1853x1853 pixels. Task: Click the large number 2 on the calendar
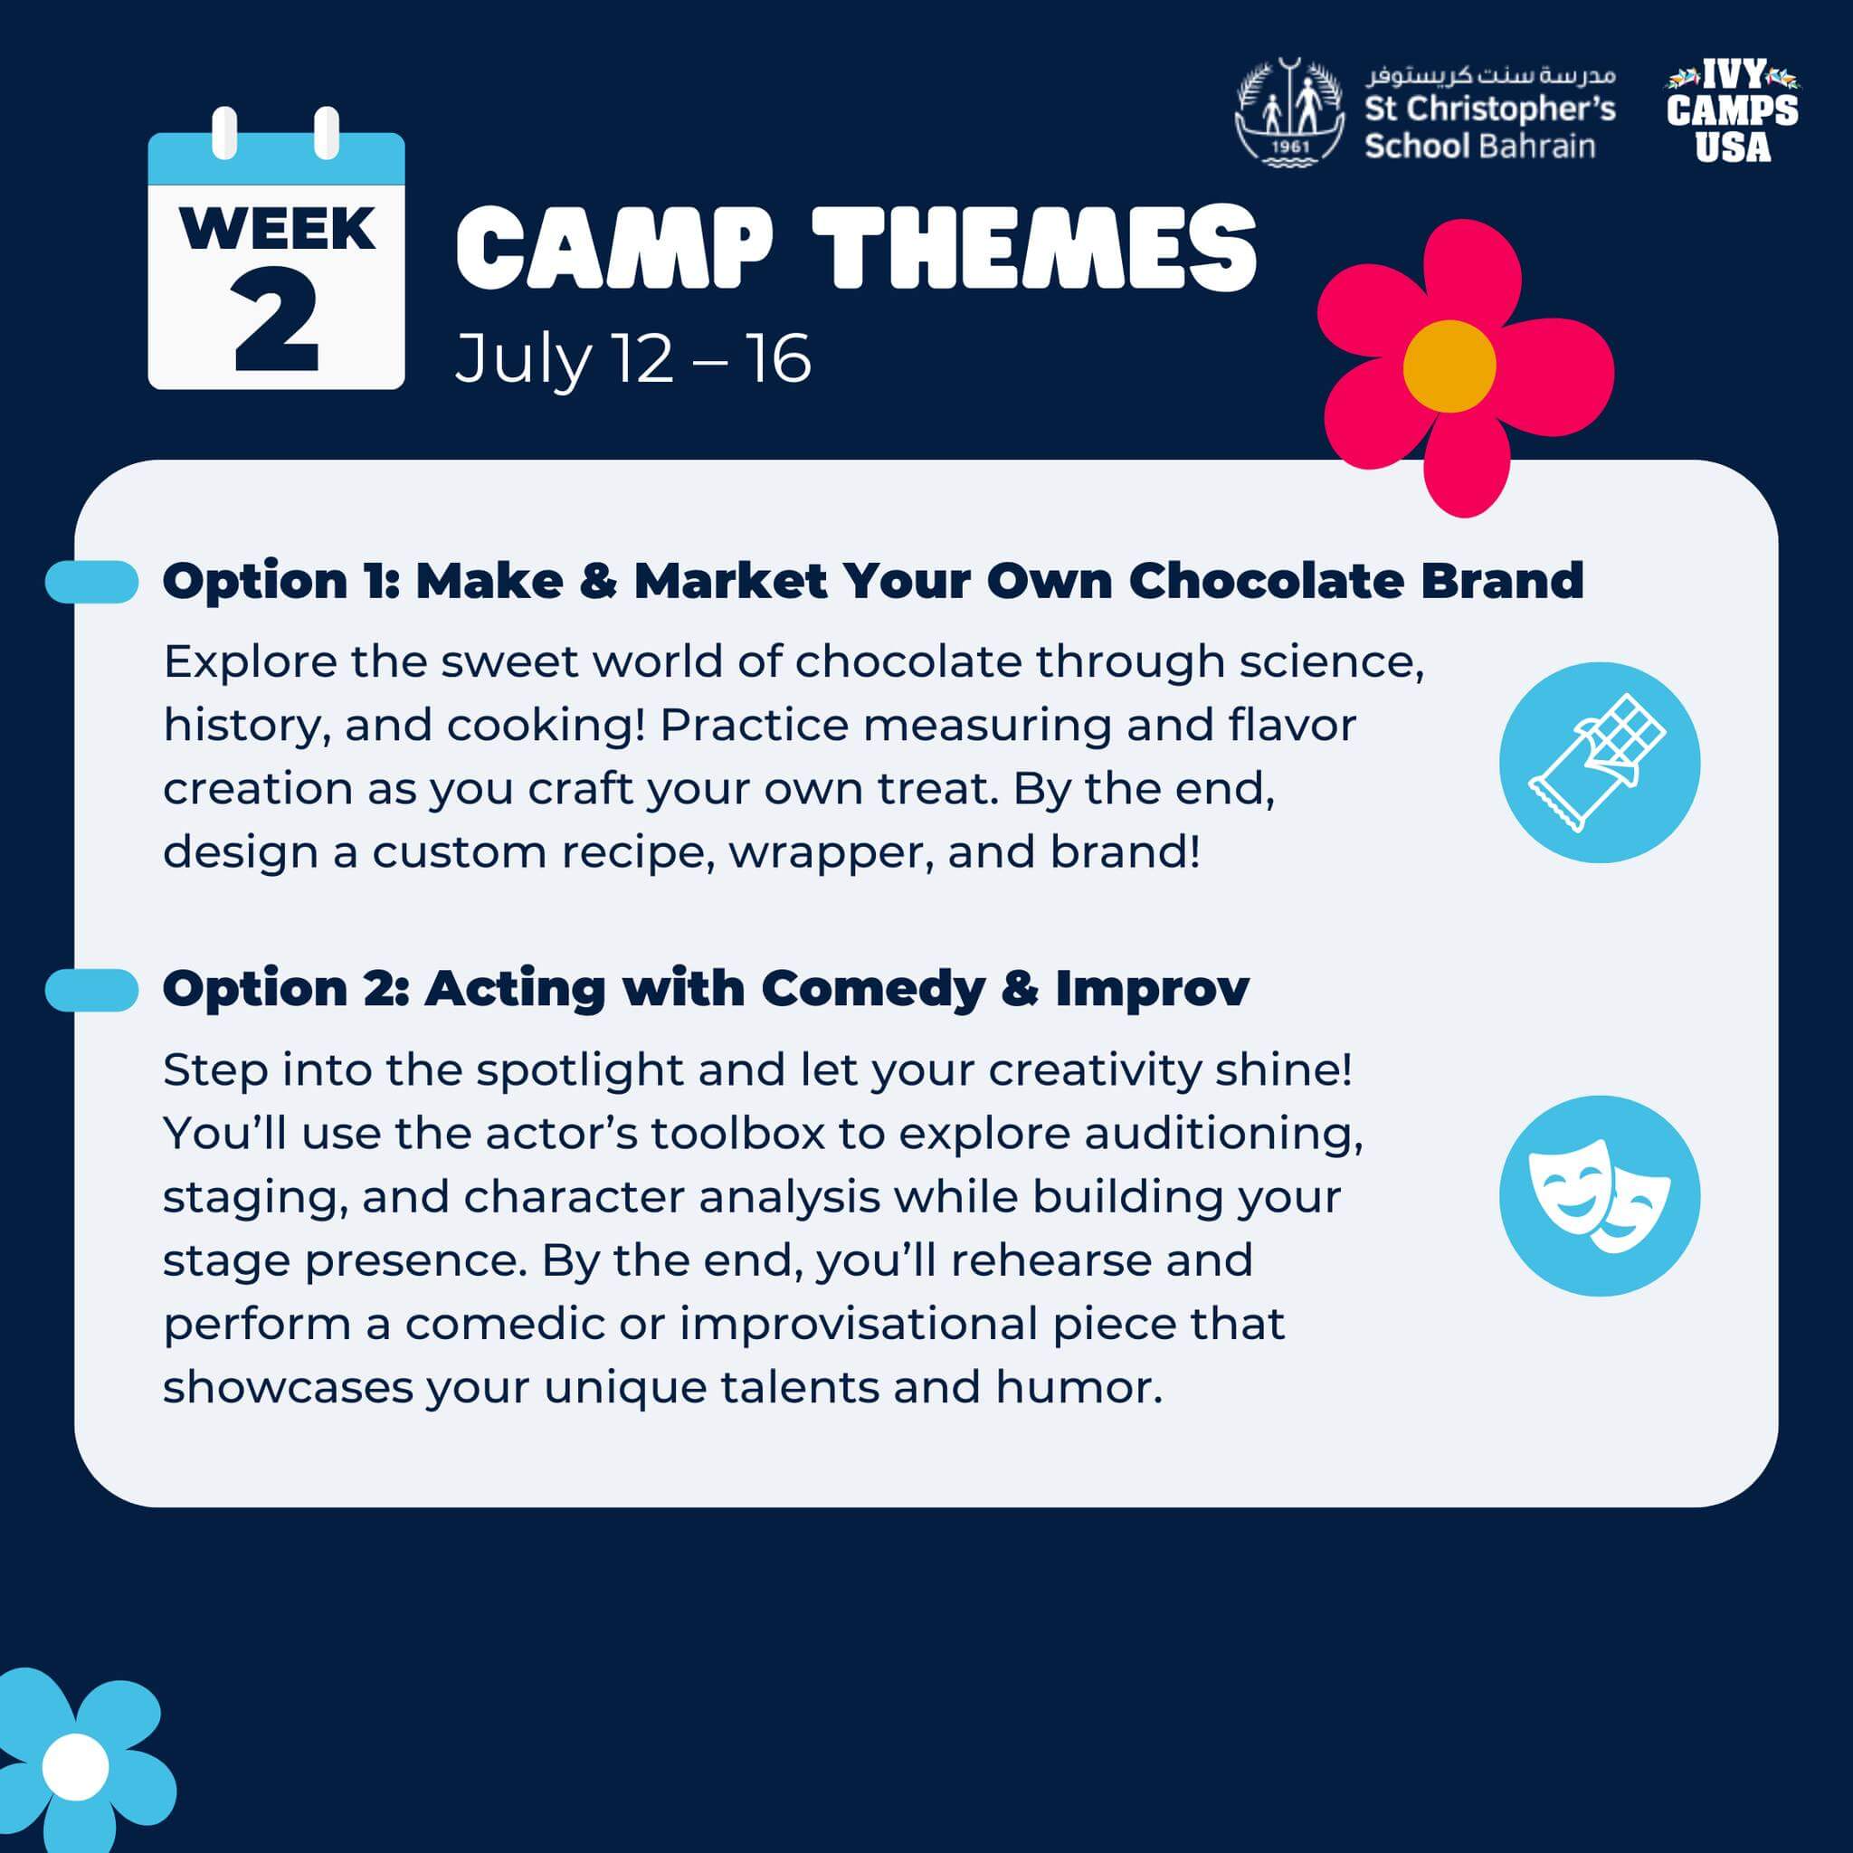pos(275,320)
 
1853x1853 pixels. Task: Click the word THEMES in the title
pos(1034,247)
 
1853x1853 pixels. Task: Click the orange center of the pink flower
pos(1449,366)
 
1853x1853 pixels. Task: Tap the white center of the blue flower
pos(76,1766)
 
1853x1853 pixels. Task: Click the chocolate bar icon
pos(1600,763)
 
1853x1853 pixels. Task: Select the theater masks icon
pos(1600,1196)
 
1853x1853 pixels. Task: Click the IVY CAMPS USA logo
pos(1732,111)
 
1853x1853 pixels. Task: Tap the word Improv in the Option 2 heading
pos(1152,988)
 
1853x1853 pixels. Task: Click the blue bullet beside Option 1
pos(92,581)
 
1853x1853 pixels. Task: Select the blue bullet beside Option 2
pos(92,990)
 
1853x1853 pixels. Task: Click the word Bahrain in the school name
pos(1537,146)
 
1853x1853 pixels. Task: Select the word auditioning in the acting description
pos(1224,1135)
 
